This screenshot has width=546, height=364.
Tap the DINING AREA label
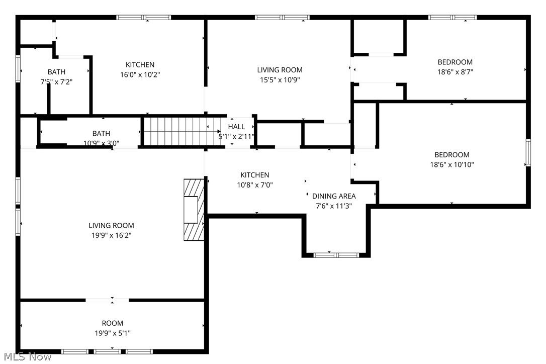click(x=334, y=196)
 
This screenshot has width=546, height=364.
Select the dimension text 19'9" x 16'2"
click(x=111, y=235)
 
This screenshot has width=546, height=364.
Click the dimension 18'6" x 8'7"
click(x=455, y=71)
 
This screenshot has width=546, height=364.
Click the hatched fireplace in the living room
click(x=194, y=210)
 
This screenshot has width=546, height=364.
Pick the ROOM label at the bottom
click(x=112, y=323)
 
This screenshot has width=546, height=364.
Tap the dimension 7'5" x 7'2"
click(x=56, y=81)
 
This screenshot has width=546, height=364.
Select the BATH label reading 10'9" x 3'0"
click(x=101, y=133)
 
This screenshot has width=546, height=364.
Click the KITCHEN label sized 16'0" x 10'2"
click(x=140, y=64)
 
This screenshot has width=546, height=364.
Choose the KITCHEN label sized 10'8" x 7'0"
click(x=254, y=175)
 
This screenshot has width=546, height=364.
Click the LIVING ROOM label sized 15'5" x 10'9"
click(x=280, y=70)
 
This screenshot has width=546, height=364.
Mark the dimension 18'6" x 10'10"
click(x=452, y=155)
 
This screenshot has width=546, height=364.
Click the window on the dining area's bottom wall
click(x=336, y=255)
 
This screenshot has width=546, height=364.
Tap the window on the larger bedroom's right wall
click(x=528, y=153)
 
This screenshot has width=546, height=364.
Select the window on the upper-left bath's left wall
click(x=18, y=68)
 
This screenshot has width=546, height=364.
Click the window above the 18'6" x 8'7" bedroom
click(x=452, y=18)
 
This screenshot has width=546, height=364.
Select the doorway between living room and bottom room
click(x=107, y=300)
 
